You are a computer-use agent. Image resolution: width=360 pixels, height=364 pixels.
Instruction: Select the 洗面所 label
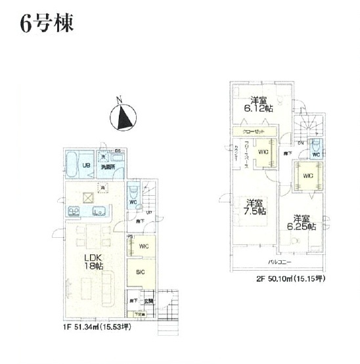pyautogui.click(x=107, y=167)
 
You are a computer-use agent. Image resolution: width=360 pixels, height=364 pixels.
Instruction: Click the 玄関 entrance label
pyautogui.click(x=150, y=301)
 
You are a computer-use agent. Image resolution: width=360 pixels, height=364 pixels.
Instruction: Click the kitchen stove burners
pyautogui.click(x=72, y=212)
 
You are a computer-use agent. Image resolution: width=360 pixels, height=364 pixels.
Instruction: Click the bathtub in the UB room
pyautogui.click(x=72, y=164)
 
